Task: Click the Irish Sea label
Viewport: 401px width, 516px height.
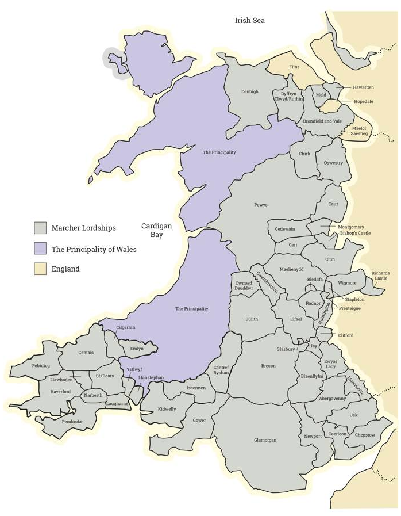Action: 249,20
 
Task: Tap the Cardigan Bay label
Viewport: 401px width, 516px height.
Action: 157,230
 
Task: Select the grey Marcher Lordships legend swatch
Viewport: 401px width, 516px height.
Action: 40,228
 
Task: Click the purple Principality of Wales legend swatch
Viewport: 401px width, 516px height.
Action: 40,249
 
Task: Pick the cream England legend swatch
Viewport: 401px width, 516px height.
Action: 40,269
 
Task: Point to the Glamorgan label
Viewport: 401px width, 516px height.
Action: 265,440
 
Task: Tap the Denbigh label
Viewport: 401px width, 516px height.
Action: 250,91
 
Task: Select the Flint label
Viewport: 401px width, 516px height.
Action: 294,67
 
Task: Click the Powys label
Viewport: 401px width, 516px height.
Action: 261,205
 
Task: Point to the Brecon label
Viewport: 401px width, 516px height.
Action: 268,366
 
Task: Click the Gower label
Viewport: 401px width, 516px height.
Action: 199,420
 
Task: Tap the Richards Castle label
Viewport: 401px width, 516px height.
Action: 380,276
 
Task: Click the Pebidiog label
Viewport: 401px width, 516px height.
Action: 41,365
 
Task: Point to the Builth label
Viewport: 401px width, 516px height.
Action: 252,319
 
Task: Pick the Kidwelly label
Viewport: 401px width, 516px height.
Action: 167,409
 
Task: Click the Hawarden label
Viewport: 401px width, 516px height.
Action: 363,87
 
